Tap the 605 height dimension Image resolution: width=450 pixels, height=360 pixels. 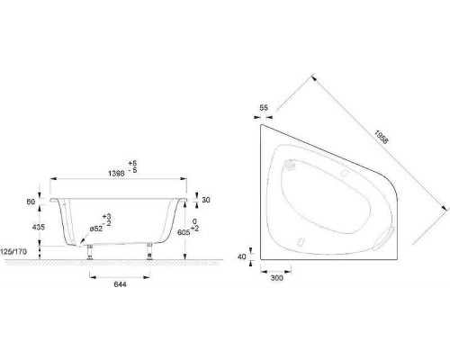tap(184, 232)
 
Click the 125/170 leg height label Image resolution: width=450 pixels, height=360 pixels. tap(19, 252)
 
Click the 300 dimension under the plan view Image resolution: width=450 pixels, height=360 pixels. tap(276, 280)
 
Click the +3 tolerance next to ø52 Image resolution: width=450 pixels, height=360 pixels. tap(107, 216)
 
